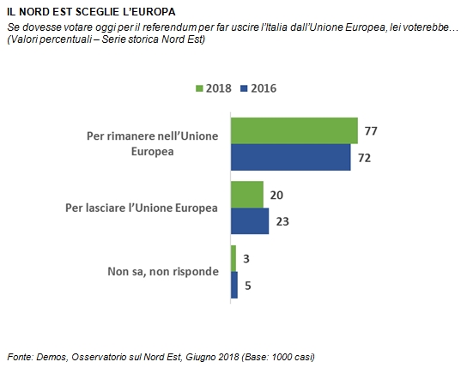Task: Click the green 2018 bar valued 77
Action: pyautogui.click(x=294, y=131)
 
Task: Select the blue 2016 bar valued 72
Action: pyautogui.click(x=291, y=157)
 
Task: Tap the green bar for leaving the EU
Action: pyautogui.click(x=247, y=195)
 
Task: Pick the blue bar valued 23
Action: pyautogui.click(x=250, y=221)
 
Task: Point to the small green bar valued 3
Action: pyautogui.click(x=233, y=258)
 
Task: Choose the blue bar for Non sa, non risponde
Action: pyautogui.click(x=234, y=285)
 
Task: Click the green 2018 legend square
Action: pyautogui.click(x=199, y=88)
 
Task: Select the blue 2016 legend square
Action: pyautogui.click(x=244, y=88)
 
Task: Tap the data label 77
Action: pyautogui.click(x=371, y=131)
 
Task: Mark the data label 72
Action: pyautogui.click(x=364, y=158)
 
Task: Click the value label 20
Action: pyautogui.click(x=276, y=196)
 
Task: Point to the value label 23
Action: pyautogui.click(x=282, y=221)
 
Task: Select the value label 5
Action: pyautogui.click(x=248, y=286)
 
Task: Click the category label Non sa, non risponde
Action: pyautogui.click(x=163, y=272)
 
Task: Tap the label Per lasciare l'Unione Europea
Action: pyautogui.click(x=142, y=208)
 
